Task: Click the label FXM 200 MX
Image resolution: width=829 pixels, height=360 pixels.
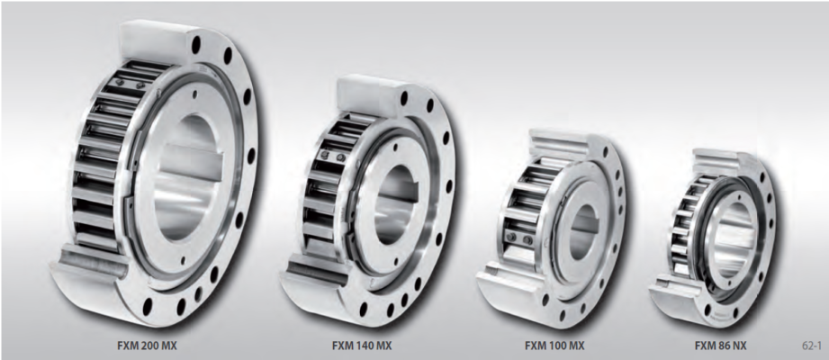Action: point(147,346)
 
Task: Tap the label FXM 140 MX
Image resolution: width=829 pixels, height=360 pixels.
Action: point(362,346)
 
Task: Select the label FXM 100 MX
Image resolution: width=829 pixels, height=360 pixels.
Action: point(554,346)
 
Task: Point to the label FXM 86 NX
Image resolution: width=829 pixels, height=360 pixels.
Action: point(721,346)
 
